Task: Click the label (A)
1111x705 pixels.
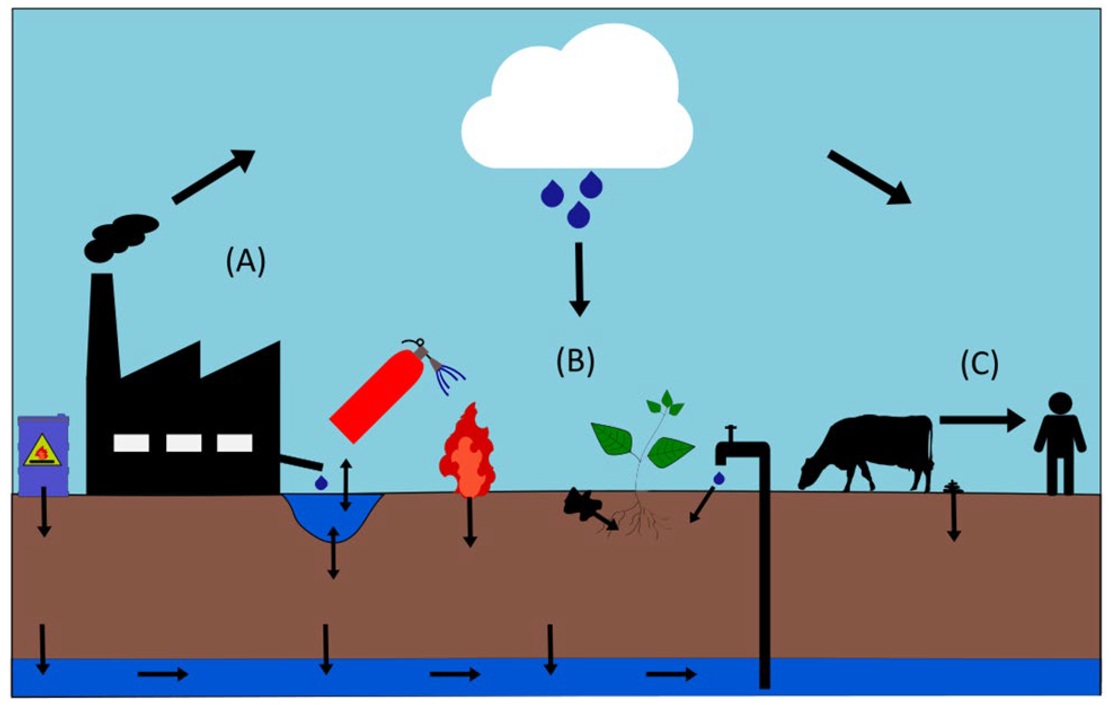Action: click(245, 261)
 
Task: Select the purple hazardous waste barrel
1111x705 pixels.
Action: click(43, 455)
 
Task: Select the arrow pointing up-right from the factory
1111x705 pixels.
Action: click(213, 176)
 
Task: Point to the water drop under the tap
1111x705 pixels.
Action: click(718, 478)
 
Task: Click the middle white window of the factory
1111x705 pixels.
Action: click(184, 443)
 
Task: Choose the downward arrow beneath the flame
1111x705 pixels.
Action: click(470, 522)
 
